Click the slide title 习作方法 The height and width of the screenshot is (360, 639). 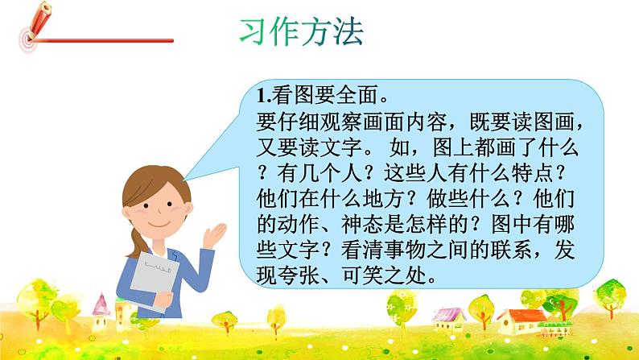pyautogui.click(x=302, y=31)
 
